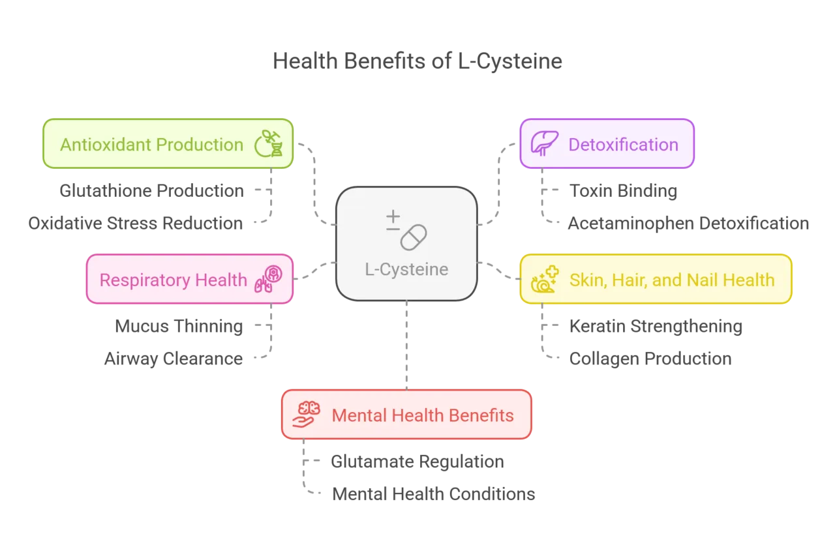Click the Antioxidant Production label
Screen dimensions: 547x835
click(x=151, y=144)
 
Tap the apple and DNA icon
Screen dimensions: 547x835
click(x=267, y=144)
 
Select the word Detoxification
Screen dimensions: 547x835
click(x=623, y=144)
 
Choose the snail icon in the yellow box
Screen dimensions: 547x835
click(x=544, y=280)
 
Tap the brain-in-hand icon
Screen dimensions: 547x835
click(x=306, y=415)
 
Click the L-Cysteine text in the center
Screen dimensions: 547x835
click(x=406, y=269)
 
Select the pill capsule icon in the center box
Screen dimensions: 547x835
click(x=413, y=237)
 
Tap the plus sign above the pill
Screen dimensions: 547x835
click(x=393, y=218)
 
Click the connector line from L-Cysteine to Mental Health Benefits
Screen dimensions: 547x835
click(x=406, y=346)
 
